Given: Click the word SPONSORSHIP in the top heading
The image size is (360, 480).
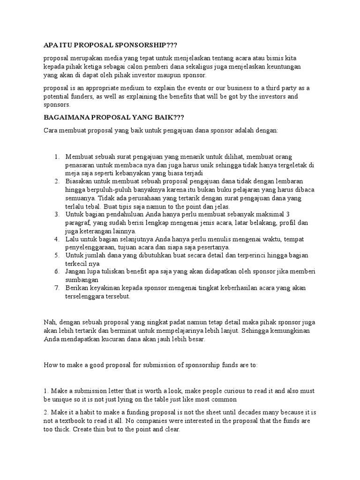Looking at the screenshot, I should tap(140, 45).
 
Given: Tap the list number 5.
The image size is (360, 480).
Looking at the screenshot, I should tap(57, 255).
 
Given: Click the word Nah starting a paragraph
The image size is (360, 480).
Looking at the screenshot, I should tap(49, 322).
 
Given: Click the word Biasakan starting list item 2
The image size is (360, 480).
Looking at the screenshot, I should tap(80, 180).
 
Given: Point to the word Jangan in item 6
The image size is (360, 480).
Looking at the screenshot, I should tap(77, 272).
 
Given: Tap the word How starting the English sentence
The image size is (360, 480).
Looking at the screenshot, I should tap(50, 365).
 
